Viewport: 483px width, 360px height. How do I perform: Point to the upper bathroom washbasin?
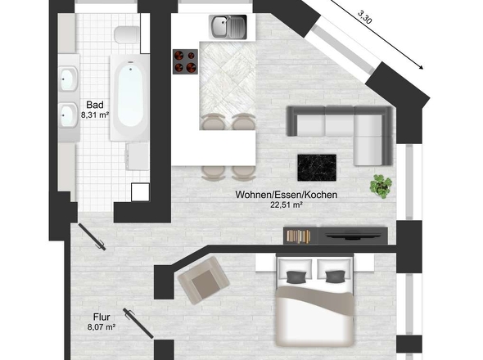(67, 79)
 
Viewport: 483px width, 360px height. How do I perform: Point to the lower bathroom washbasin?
(67, 112)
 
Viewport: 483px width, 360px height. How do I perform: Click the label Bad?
(94, 106)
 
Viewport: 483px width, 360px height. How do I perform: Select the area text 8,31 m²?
(94, 115)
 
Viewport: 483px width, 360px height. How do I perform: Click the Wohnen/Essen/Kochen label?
(287, 196)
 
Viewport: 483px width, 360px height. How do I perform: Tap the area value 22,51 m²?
(287, 205)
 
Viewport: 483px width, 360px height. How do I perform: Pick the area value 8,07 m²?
(101, 329)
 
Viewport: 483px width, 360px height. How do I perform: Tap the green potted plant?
(380, 185)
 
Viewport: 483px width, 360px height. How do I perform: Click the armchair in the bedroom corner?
(201, 280)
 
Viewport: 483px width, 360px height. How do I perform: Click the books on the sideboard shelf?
(298, 236)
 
